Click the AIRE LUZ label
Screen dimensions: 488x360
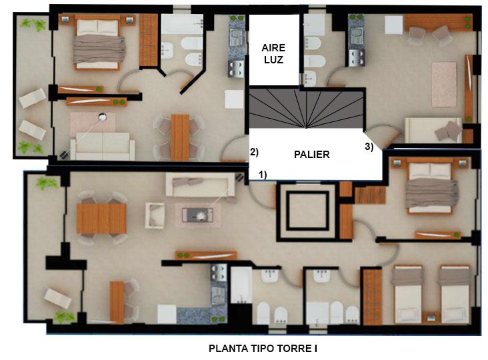pyautogui.click(x=273, y=53)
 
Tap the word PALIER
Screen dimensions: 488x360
pyautogui.click(x=311, y=154)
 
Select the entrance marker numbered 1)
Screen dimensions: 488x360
pyautogui.click(x=263, y=175)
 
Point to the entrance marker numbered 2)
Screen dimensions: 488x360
pyautogui.click(x=254, y=152)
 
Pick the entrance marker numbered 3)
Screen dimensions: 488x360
pyautogui.click(x=369, y=147)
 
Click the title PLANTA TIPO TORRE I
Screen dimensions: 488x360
pyautogui.click(x=263, y=348)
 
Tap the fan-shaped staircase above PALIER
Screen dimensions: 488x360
pyautogui.click(x=306, y=109)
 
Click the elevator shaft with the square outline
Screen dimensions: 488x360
pyautogui.click(x=307, y=211)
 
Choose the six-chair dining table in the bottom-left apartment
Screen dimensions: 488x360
pyautogui.click(x=101, y=218)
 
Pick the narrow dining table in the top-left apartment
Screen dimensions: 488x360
pyautogui.click(x=180, y=137)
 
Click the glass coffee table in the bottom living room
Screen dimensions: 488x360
pyautogui.click(x=197, y=215)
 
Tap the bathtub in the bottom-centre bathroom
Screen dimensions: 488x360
pyautogui.click(x=241, y=285)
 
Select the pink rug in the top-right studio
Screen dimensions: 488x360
pyautogui.click(x=444, y=85)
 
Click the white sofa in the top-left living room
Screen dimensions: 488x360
pyautogui.click(x=103, y=146)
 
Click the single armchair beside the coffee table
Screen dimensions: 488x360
pyautogui.click(x=155, y=215)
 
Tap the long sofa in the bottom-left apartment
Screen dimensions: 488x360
pyautogui.click(x=200, y=184)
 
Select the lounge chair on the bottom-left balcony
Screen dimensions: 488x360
pyautogui.click(x=57, y=298)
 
